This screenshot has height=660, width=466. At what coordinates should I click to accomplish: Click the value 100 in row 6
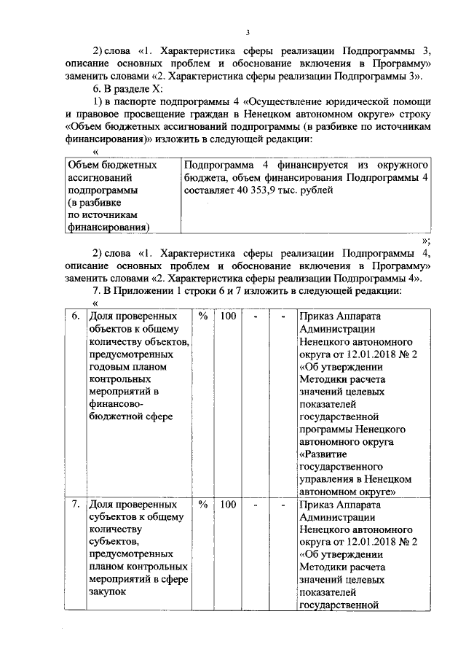(x=227, y=317)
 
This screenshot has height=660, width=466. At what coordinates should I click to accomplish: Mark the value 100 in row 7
(x=227, y=505)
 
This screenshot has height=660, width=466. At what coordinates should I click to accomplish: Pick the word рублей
(x=317, y=190)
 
